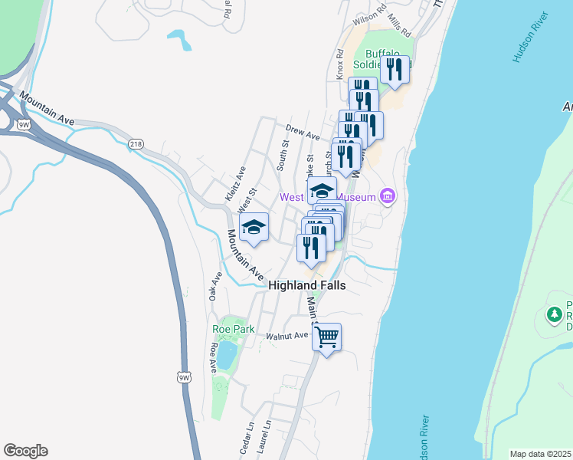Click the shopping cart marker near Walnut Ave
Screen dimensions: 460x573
pos(327,337)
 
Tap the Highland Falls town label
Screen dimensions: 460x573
pos(306,285)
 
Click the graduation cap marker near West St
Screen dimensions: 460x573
pos(254,227)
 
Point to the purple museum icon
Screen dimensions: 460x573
pos(388,197)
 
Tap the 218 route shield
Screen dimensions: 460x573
pos(136,144)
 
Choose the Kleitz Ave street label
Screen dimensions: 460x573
pos(235,185)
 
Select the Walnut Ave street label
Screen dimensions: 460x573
pos(286,335)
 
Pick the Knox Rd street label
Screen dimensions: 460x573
pos(339,65)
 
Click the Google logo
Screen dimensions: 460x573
pos(25,451)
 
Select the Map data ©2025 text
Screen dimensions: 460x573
pos(539,454)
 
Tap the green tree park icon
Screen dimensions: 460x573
pos(554,314)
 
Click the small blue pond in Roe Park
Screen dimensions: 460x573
pos(226,354)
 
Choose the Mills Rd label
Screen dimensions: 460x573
pos(400,26)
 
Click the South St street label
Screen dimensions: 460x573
pos(283,154)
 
